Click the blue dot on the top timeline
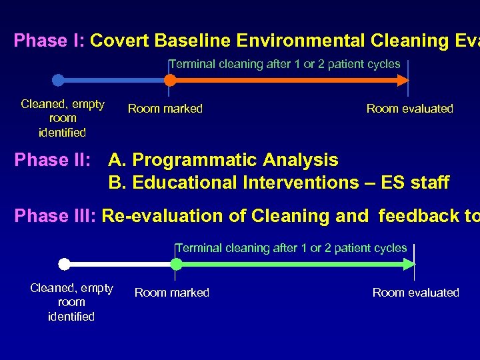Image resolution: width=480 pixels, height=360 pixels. point(58,80)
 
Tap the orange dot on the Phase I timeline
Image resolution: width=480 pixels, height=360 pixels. point(170,80)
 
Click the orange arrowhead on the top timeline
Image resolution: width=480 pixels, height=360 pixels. point(402,80)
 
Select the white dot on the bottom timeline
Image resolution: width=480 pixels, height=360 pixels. point(64,264)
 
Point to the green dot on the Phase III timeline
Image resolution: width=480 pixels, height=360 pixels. point(176,264)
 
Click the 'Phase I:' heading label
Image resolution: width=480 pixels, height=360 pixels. point(49,41)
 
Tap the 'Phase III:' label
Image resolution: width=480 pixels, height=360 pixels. point(55,216)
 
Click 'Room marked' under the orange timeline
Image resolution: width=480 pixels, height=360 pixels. point(165,109)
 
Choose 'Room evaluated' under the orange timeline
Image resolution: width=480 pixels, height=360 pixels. point(409,109)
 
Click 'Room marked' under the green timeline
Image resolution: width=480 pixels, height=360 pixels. point(171,293)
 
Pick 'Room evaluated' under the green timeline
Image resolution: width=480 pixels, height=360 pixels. point(415,293)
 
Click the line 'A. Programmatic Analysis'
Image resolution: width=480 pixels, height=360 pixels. point(223,161)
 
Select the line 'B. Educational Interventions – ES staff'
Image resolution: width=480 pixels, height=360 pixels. point(279,183)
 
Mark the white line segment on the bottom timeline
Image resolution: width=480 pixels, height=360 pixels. point(120,264)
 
